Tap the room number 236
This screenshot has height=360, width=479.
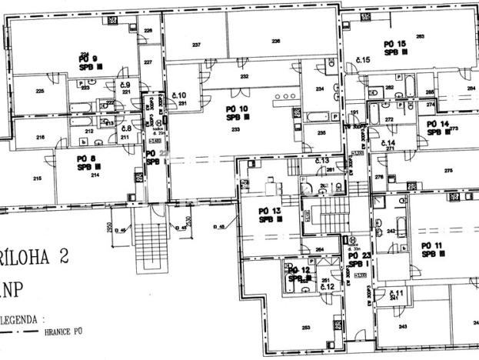click(275, 41)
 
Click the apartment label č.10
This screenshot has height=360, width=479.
click(183, 95)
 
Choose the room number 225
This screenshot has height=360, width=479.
click(40, 91)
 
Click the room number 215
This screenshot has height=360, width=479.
click(35, 178)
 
